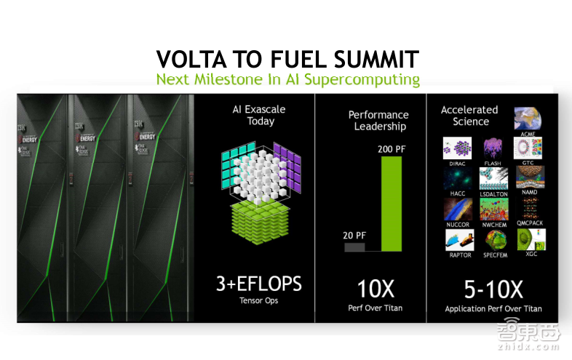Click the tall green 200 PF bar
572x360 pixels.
coord(391,204)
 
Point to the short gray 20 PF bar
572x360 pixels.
coord(354,247)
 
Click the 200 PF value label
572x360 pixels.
coord(392,149)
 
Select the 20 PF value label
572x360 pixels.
coord(354,235)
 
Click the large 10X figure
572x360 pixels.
coord(374,289)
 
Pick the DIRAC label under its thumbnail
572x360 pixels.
coord(457,164)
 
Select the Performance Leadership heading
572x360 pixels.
coord(378,120)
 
